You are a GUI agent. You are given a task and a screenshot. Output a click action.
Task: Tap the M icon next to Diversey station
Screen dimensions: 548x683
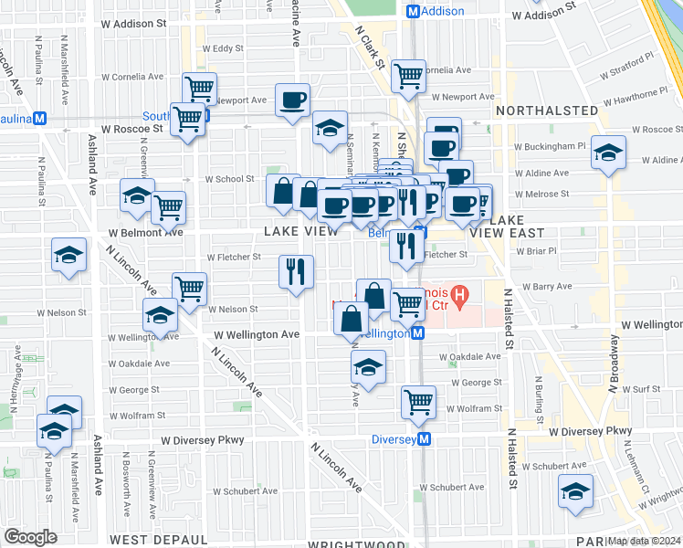[426, 439]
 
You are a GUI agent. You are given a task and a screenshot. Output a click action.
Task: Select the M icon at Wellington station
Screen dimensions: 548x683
[417, 333]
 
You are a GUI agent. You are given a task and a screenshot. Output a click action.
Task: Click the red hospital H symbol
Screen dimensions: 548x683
[460, 296]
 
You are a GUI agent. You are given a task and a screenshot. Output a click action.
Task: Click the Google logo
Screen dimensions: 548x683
[30, 537]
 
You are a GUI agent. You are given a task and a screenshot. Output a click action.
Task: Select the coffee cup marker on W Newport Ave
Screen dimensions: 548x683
[292, 100]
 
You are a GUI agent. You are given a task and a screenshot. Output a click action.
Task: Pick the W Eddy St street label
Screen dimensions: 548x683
[223, 48]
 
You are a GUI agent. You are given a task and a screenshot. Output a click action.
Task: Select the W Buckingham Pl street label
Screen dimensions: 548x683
[550, 145]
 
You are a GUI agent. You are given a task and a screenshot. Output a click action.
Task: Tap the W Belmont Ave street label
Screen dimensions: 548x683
[145, 232]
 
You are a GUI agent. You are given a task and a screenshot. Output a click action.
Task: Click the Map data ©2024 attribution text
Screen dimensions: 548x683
[645, 540]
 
